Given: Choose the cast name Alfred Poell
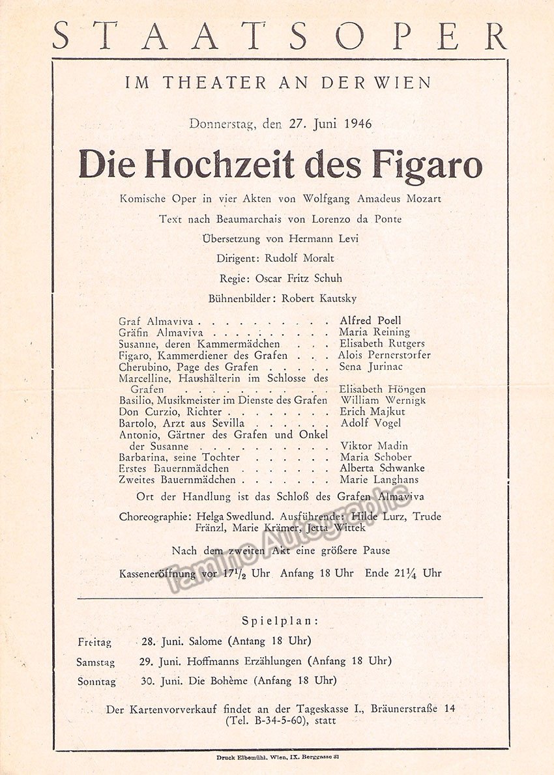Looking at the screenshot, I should coord(370,320).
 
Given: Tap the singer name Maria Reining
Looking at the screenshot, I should coord(375,332).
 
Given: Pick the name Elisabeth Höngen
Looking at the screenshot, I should coord(383,389).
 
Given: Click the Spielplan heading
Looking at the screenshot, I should coord(280,620).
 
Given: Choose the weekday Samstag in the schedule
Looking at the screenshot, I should coord(96,662).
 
